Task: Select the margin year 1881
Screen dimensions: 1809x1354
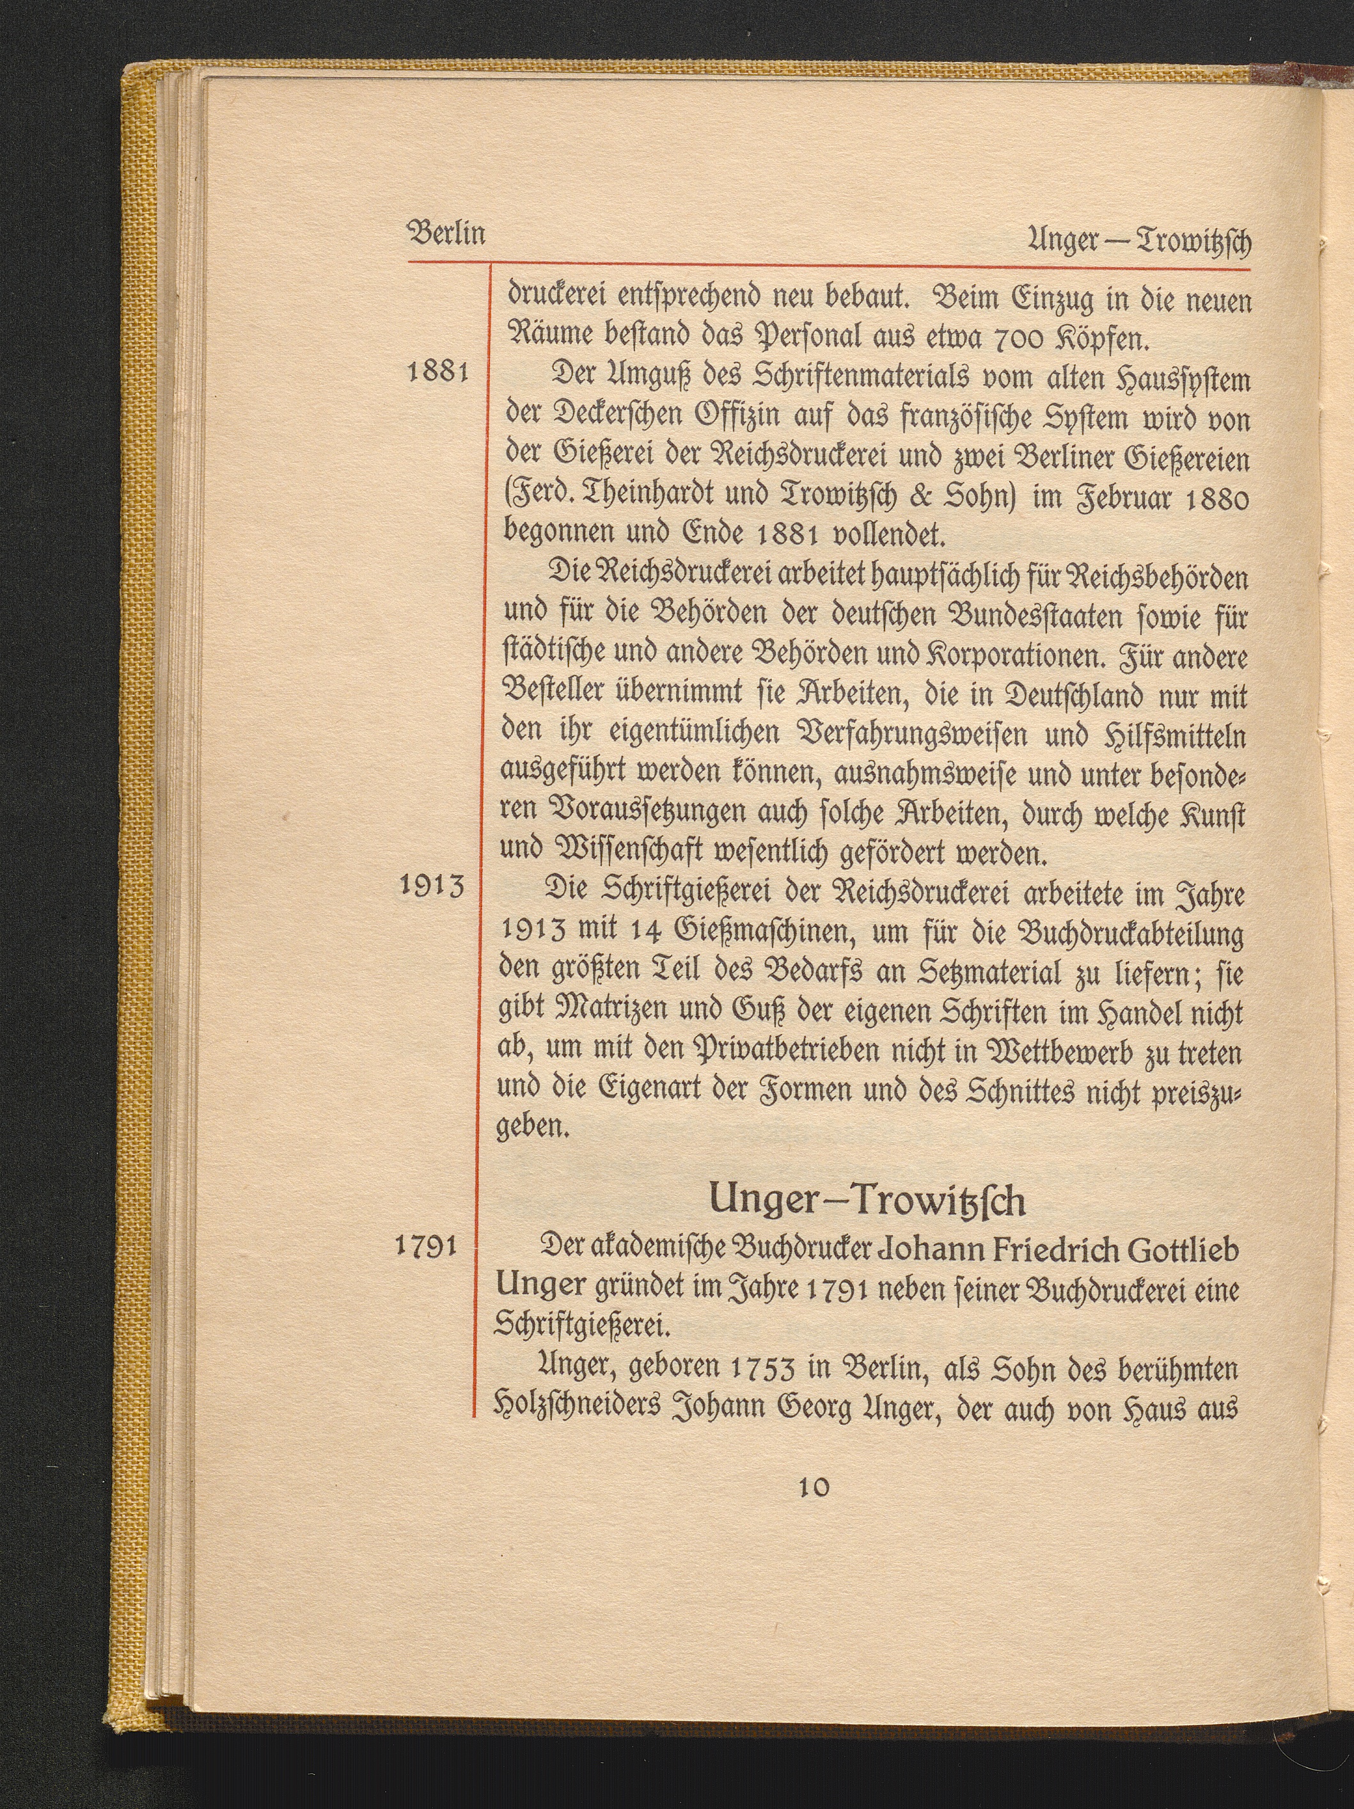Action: coord(437,373)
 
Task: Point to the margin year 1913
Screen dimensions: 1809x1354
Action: coord(434,888)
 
